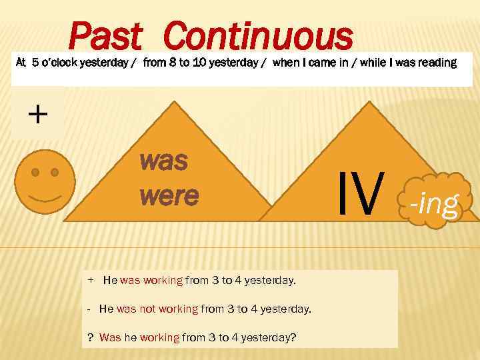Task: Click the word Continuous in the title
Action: click(257, 37)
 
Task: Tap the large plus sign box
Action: click(38, 115)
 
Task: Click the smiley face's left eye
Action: click(35, 172)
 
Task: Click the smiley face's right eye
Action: click(55, 172)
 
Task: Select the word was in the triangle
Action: click(163, 161)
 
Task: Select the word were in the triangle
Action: click(169, 195)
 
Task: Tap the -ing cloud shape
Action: click(434, 202)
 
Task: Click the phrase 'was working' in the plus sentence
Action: click(151, 281)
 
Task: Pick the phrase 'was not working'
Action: click(157, 309)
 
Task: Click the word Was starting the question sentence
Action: click(110, 337)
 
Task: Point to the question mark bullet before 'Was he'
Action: click(91, 337)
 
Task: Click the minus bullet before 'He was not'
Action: click(89, 309)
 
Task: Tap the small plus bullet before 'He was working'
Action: click(91, 280)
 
